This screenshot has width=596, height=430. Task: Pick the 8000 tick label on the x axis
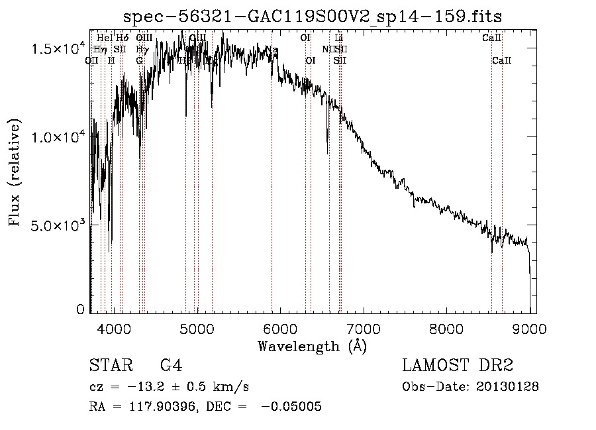446,327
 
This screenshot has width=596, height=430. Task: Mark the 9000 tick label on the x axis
529,327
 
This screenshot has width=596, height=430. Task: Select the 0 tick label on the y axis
80,309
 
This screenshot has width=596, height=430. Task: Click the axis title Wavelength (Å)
312,345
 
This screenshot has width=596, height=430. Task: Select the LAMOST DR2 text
458,366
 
